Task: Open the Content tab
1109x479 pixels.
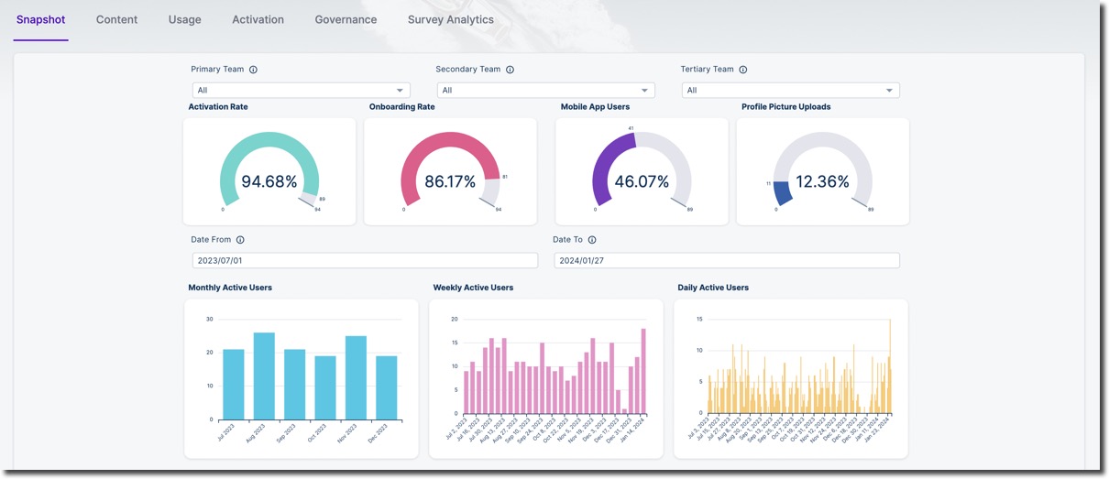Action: click(116, 19)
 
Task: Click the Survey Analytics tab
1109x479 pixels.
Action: click(450, 19)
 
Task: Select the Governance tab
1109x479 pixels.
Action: click(346, 19)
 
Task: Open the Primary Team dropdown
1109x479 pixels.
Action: click(301, 90)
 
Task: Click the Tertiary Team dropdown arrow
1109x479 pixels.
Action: click(889, 90)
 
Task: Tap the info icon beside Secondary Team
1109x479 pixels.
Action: click(510, 70)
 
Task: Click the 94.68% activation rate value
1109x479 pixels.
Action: click(269, 181)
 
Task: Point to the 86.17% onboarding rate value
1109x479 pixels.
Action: click(450, 181)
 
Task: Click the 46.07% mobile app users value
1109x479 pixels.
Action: click(642, 181)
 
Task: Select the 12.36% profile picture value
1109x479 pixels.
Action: click(822, 181)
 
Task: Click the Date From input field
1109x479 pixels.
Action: click(365, 260)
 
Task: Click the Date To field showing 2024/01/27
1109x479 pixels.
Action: click(726, 260)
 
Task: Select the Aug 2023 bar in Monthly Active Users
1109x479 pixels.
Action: click(264, 376)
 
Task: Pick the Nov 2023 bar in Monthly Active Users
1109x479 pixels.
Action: click(356, 377)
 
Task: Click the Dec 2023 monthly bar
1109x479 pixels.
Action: click(386, 387)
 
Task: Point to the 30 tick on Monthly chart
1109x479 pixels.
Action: click(209, 319)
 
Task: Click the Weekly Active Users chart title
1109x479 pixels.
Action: click(473, 288)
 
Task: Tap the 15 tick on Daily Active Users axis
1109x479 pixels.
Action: click(699, 319)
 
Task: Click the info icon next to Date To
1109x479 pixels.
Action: click(592, 240)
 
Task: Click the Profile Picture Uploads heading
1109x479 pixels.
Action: click(785, 107)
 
